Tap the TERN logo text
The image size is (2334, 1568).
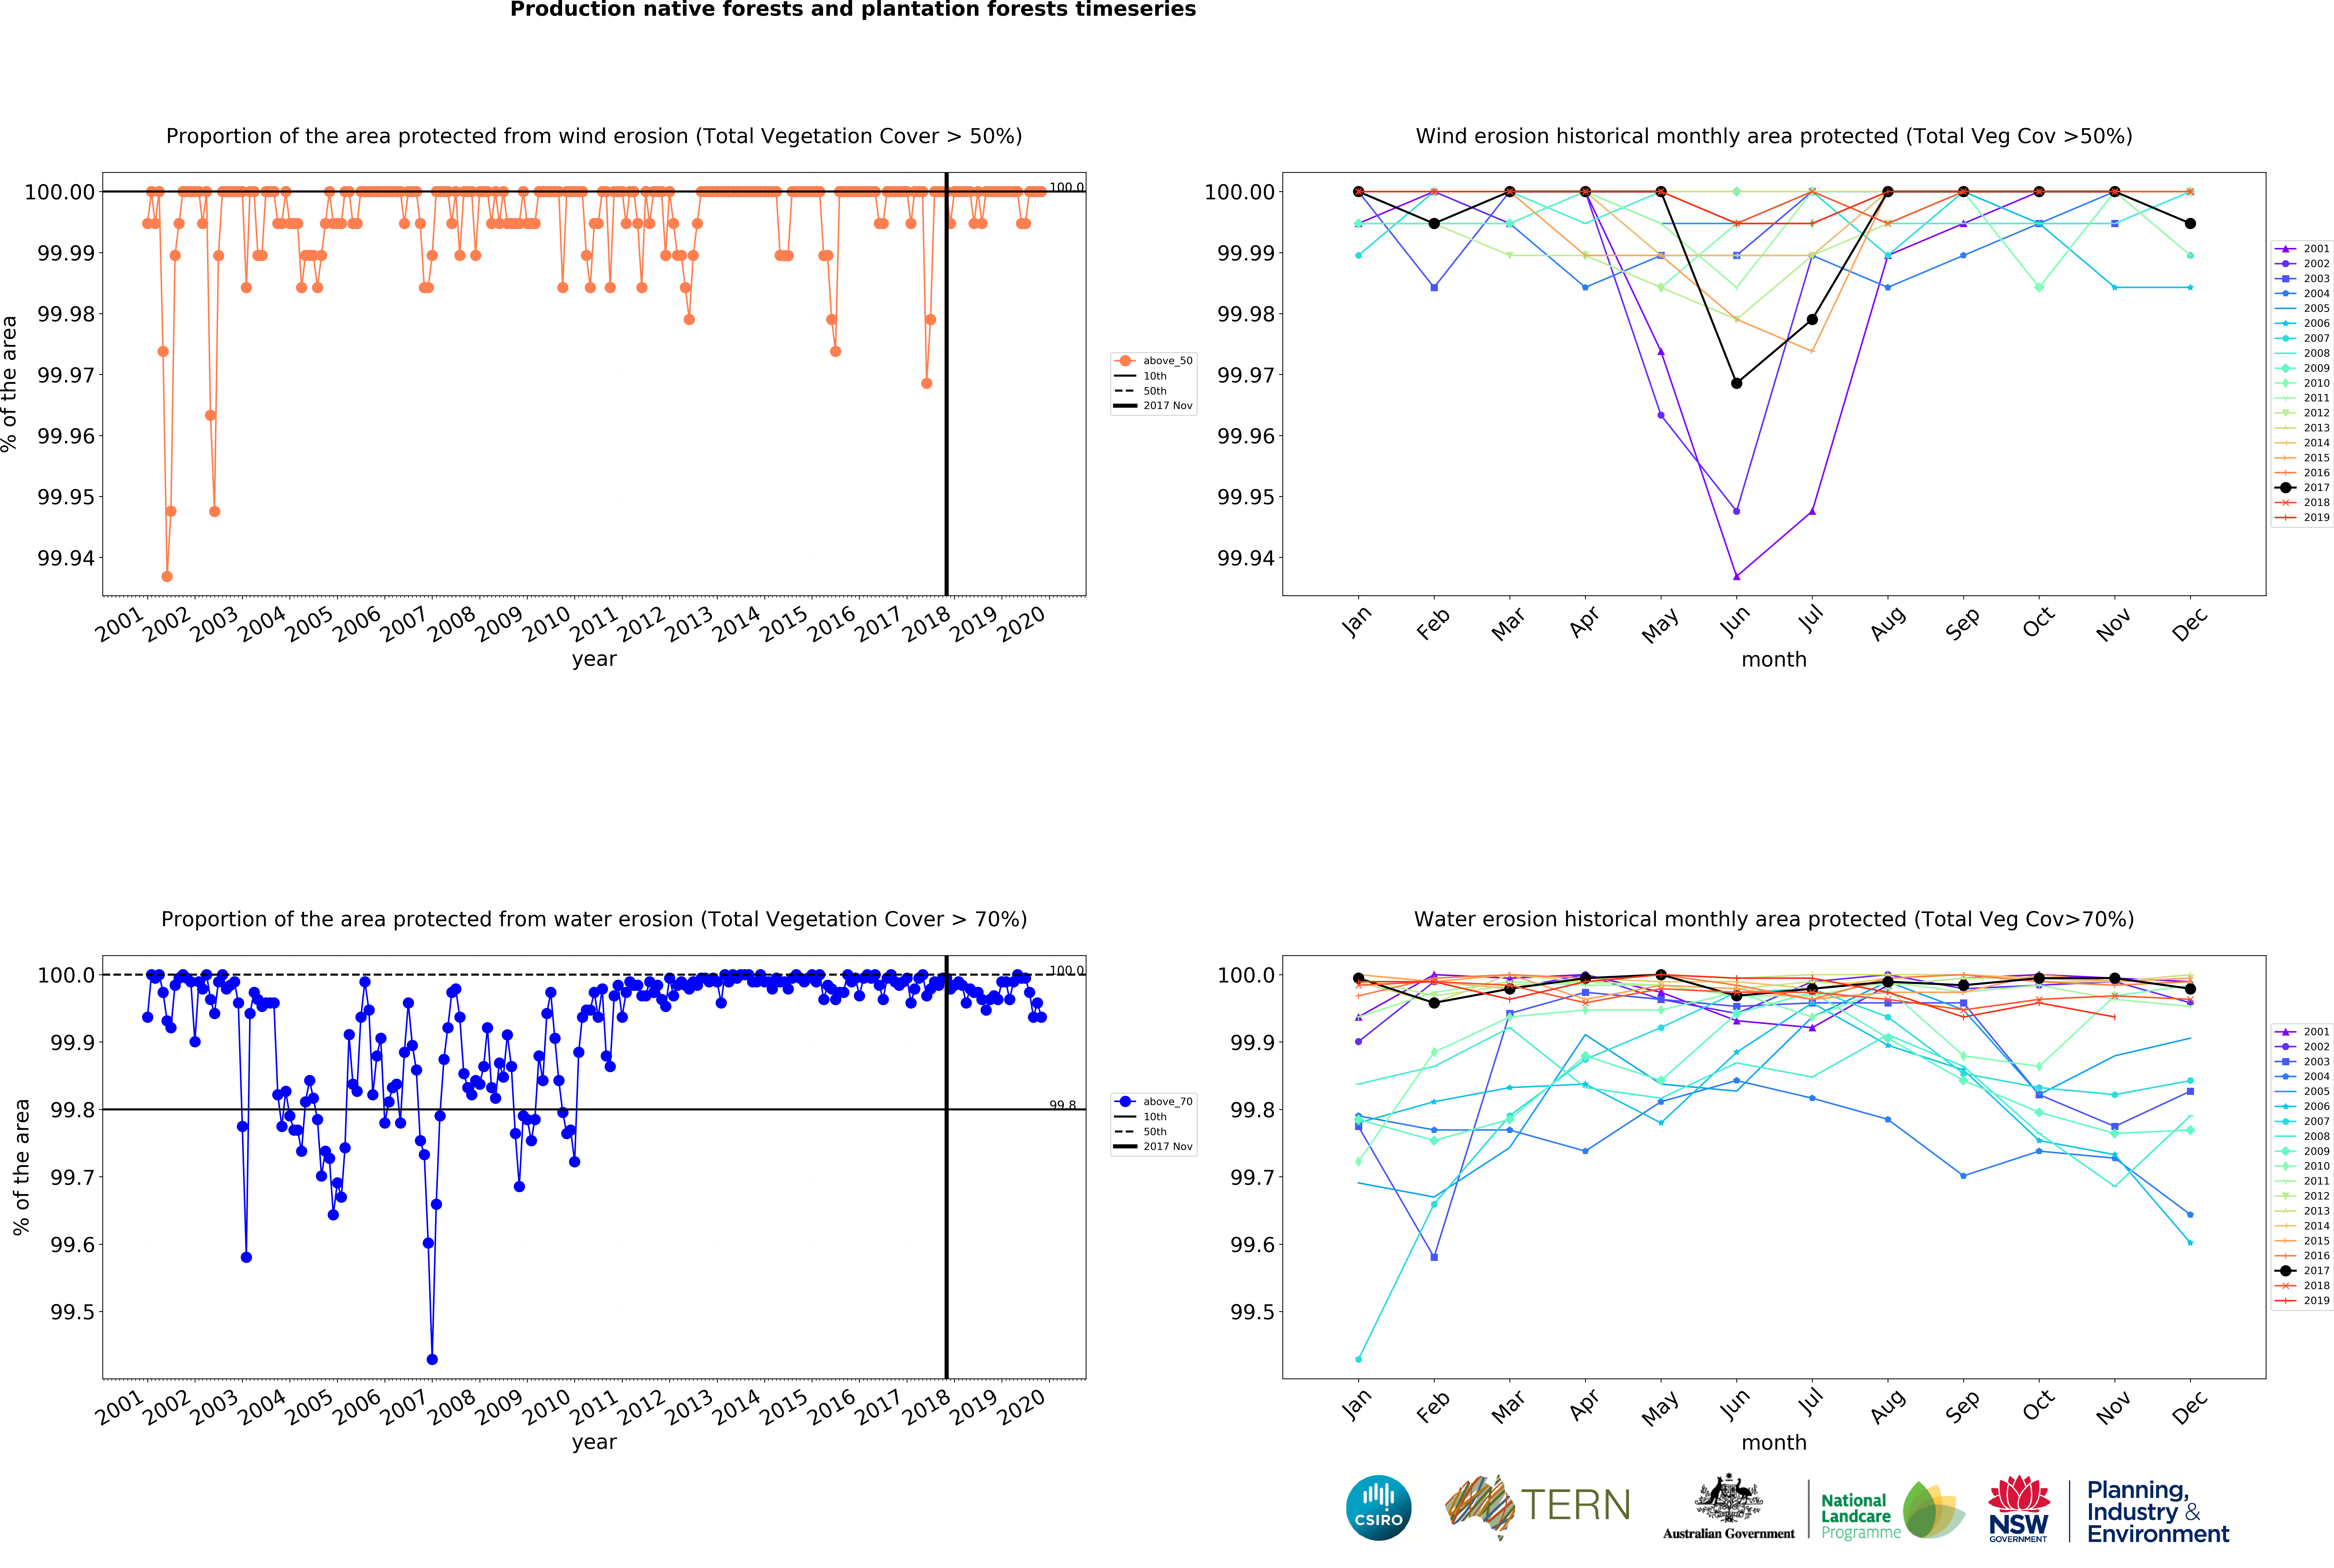click(x=1575, y=1505)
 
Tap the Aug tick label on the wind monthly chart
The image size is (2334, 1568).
click(x=1887, y=624)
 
